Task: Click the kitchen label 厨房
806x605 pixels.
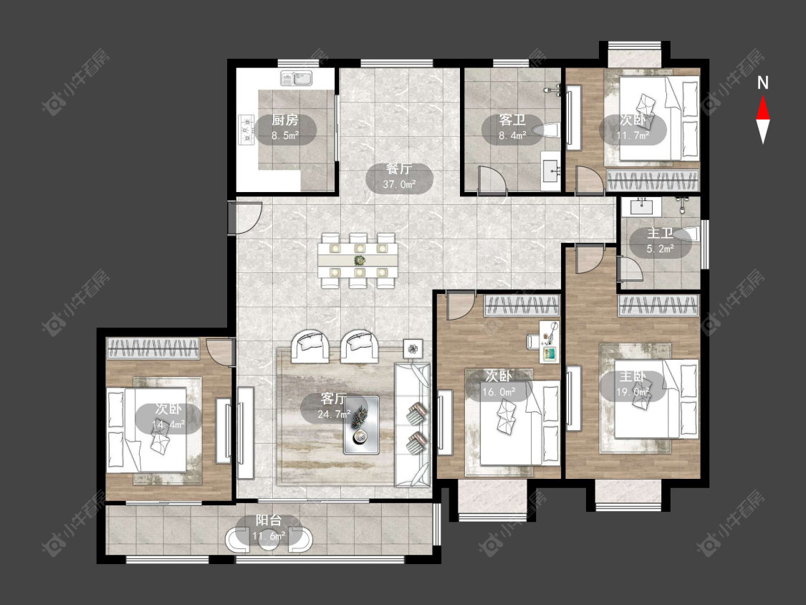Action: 284,120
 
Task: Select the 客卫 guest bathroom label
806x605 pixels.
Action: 512,120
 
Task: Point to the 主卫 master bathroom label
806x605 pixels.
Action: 660,234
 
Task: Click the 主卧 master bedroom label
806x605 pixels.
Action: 632,376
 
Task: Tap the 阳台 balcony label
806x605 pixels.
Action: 269,520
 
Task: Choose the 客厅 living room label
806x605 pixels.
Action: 333,399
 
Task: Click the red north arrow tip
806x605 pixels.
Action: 763,97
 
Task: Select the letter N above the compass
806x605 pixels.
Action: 763,83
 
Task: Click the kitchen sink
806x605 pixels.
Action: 297,79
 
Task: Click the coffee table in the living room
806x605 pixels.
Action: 361,425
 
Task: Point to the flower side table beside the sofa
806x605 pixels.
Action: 413,349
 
